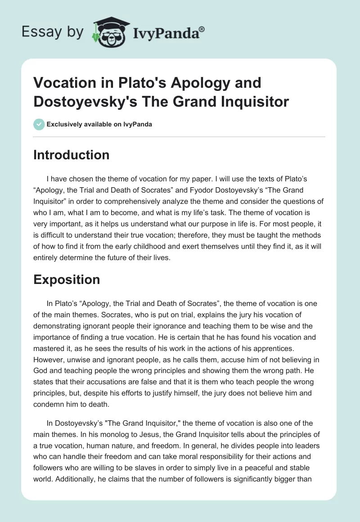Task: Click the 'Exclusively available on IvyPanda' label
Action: click(99, 124)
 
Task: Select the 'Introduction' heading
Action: click(72, 155)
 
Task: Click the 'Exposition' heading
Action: click(67, 279)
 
